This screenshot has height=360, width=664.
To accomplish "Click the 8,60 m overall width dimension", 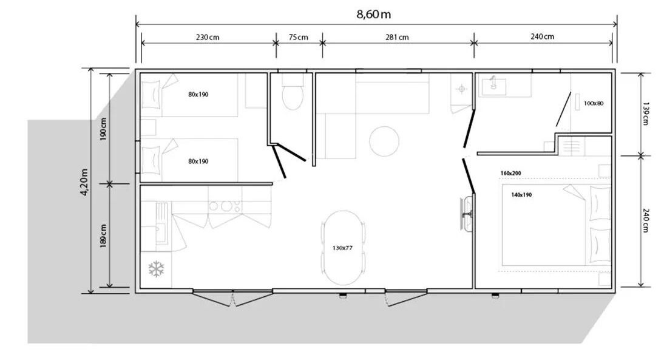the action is pyautogui.click(x=373, y=15).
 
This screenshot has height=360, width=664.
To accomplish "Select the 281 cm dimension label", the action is pyautogui.click(x=397, y=37).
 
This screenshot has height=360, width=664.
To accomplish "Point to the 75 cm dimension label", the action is pyautogui.click(x=298, y=37).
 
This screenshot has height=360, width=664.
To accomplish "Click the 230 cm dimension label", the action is pyautogui.click(x=208, y=37).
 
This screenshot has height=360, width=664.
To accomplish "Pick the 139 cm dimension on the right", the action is pyautogui.click(x=645, y=113).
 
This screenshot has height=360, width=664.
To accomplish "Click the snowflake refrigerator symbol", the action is pyautogui.click(x=156, y=269).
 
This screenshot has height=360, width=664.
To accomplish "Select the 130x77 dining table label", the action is pyautogui.click(x=342, y=248).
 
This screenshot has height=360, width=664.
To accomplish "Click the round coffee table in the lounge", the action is pyautogui.click(x=384, y=141).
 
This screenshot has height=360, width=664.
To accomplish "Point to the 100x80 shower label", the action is pyautogui.click(x=594, y=103).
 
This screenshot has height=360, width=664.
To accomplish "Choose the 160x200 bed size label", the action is pyautogui.click(x=510, y=173).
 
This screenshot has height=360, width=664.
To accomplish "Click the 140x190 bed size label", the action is pyautogui.click(x=521, y=195).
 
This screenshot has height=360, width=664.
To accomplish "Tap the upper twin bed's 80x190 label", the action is pyautogui.click(x=198, y=95).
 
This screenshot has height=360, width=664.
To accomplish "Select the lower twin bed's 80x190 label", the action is pyautogui.click(x=198, y=161).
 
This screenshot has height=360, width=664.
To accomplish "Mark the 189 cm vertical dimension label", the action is pyautogui.click(x=104, y=236).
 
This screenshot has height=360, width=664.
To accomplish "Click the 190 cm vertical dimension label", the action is pyautogui.click(x=104, y=129).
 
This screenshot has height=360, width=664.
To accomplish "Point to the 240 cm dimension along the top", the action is pyautogui.click(x=542, y=37).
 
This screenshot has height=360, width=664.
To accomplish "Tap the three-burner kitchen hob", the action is pyautogui.click(x=225, y=206).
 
